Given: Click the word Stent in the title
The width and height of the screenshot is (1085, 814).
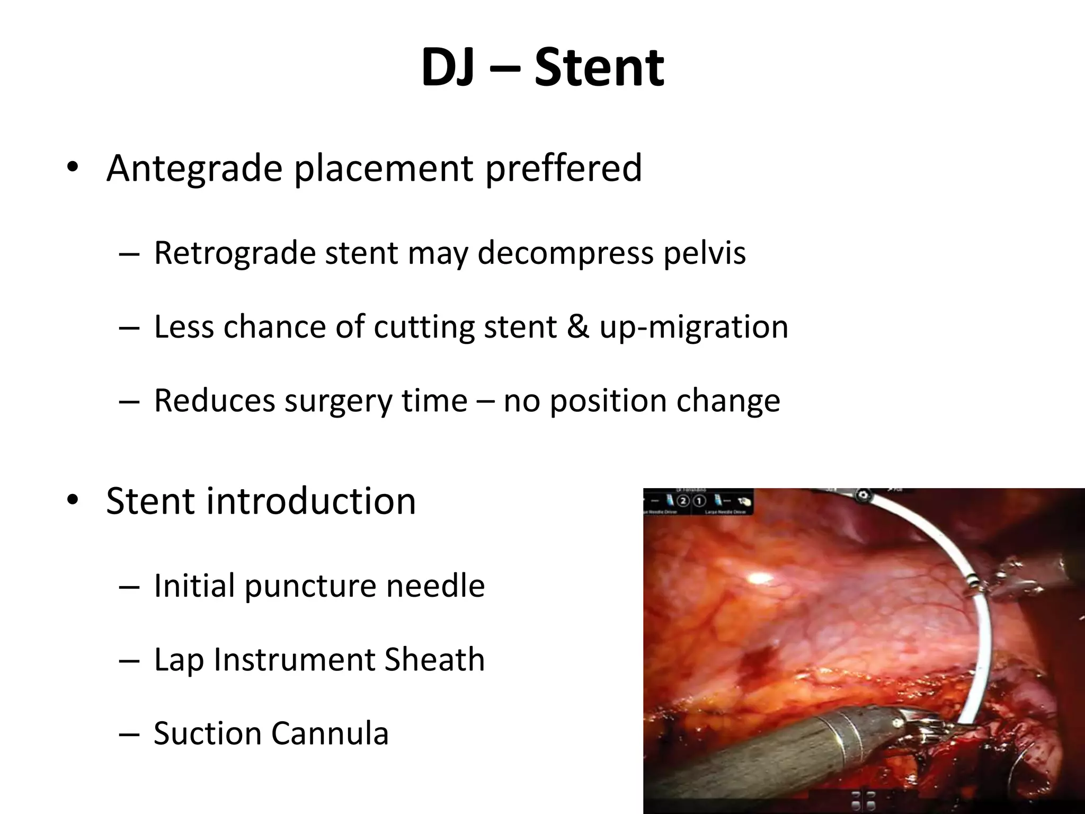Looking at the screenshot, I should click(x=599, y=68).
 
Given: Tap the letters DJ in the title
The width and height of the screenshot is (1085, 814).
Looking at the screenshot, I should click(x=448, y=68).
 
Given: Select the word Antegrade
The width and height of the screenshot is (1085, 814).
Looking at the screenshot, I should click(x=194, y=168).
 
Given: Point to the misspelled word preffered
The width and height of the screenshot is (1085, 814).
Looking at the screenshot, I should click(x=563, y=168).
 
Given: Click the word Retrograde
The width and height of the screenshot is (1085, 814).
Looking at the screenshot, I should click(x=234, y=253).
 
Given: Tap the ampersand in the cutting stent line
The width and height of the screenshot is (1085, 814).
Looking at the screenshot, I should click(x=578, y=326).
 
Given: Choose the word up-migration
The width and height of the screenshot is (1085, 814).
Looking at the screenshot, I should click(x=694, y=326).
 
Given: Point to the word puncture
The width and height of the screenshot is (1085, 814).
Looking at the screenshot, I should click(x=310, y=586).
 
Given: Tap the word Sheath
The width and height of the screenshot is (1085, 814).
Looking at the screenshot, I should click(x=434, y=660).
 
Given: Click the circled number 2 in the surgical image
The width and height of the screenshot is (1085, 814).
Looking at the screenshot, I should click(x=683, y=501).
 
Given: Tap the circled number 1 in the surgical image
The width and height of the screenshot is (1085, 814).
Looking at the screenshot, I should click(x=699, y=501).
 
